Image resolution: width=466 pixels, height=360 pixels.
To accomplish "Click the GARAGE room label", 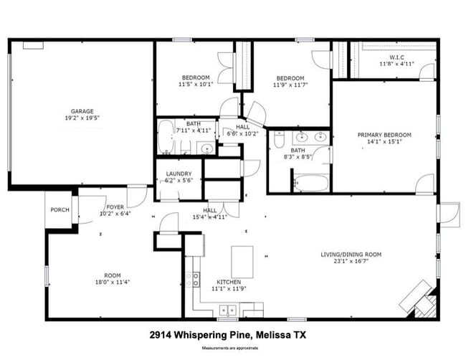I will click(82, 111).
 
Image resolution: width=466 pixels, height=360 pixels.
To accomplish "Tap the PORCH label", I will click(59, 210).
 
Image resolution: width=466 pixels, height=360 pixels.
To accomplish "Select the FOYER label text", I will click(115, 207).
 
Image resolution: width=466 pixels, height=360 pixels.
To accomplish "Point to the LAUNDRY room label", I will click(179, 174).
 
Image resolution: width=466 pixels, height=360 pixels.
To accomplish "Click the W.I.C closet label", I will click(397, 57).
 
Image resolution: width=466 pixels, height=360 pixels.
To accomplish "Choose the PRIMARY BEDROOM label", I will click(385, 134).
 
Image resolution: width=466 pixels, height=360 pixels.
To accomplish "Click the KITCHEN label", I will click(229, 282).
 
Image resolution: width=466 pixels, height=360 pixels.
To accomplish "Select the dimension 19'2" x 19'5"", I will click(82, 118).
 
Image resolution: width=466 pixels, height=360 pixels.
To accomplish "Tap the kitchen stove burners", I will click(194, 280).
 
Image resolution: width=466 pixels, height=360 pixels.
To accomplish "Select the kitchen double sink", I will click(229, 310).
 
